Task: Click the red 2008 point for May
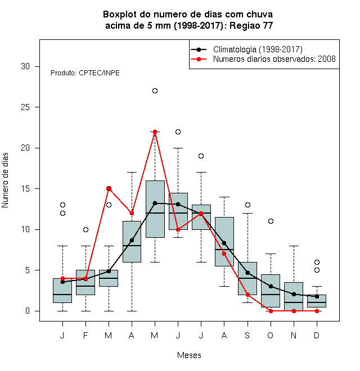point(155,132)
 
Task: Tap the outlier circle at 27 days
point(155,91)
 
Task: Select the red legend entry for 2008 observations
point(263,59)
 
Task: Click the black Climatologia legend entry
point(246,49)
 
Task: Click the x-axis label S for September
point(247,335)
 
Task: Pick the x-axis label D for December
point(317,335)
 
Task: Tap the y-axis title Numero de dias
point(5,180)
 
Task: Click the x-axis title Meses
point(189,355)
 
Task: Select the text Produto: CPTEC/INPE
point(85,73)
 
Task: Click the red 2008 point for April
point(132,214)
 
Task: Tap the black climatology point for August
point(224,243)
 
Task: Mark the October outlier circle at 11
point(271,221)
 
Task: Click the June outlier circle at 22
point(178,132)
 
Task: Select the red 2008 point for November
point(294,311)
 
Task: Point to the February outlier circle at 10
point(85,229)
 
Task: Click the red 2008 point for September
point(247,295)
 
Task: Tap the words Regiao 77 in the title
point(251,25)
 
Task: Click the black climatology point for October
point(271,287)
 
